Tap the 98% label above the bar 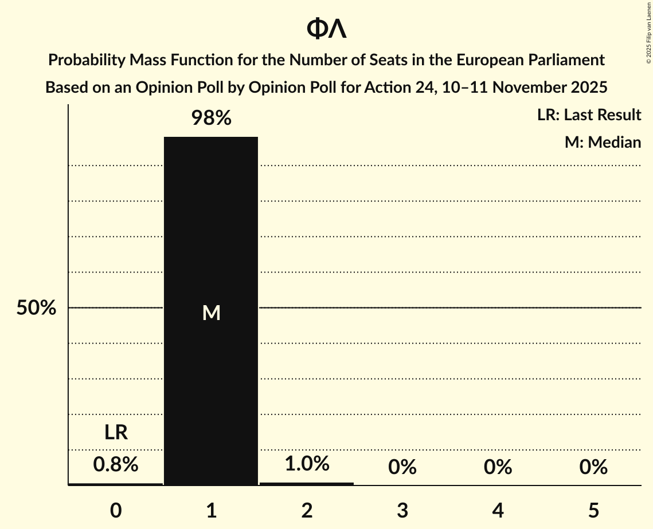click(211, 119)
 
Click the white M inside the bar click(211, 313)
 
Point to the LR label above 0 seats click(116, 432)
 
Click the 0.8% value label click(116, 464)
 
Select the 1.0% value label click(307, 463)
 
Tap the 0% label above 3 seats click(402, 467)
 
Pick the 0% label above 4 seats click(498, 467)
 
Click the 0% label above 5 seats click(593, 467)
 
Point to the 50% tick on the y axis click(36, 308)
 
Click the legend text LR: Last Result click(589, 115)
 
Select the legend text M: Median click(603, 142)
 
